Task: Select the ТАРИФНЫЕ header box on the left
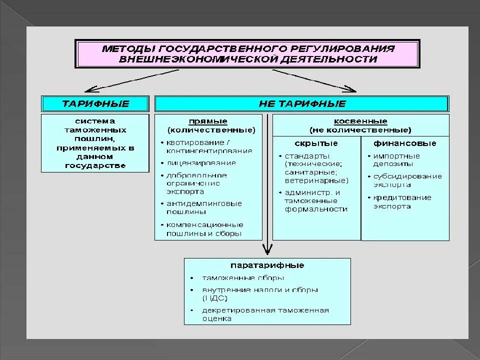pos(95,104)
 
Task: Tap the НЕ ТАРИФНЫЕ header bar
pos(302,104)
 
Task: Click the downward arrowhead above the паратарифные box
pos(267,250)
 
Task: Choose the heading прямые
pos(208,121)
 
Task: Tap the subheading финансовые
pos(405,143)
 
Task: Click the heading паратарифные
pos(267,265)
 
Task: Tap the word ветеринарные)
pos(316,180)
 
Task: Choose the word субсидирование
pos(407,176)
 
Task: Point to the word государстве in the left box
pos(95,165)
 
